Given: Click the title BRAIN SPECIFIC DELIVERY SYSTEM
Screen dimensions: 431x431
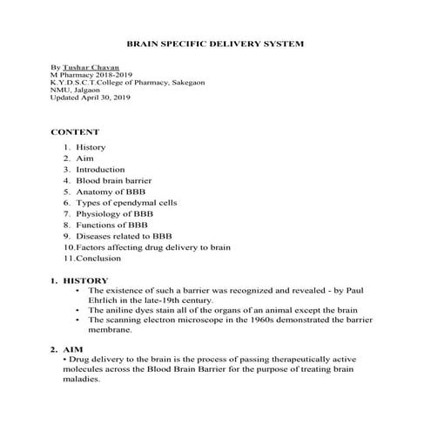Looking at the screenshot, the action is [215, 43].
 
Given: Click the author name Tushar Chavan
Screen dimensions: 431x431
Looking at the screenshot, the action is [91, 67].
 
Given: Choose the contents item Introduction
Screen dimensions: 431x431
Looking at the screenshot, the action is [100, 170].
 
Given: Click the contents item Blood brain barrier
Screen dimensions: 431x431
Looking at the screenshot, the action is [112, 180].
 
